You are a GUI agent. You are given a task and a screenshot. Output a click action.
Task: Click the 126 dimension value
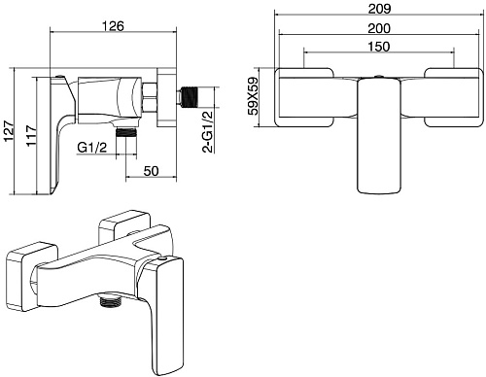(x=114, y=26)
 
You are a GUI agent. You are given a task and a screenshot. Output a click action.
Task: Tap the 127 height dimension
(x=9, y=131)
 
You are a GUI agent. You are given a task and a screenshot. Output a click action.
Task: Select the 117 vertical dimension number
(x=32, y=136)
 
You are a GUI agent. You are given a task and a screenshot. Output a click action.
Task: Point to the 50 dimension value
(x=151, y=171)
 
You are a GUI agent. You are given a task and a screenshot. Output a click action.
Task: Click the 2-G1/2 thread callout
(x=207, y=131)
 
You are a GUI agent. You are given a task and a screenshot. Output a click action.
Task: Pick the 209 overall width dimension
(x=379, y=9)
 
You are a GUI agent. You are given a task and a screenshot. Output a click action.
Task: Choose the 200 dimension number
(x=379, y=28)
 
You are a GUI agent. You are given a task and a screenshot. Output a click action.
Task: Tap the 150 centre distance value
(x=379, y=47)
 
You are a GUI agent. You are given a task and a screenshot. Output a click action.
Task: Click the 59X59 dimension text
(x=253, y=96)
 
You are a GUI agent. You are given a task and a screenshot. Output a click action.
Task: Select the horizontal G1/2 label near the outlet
(x=91, y=148)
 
